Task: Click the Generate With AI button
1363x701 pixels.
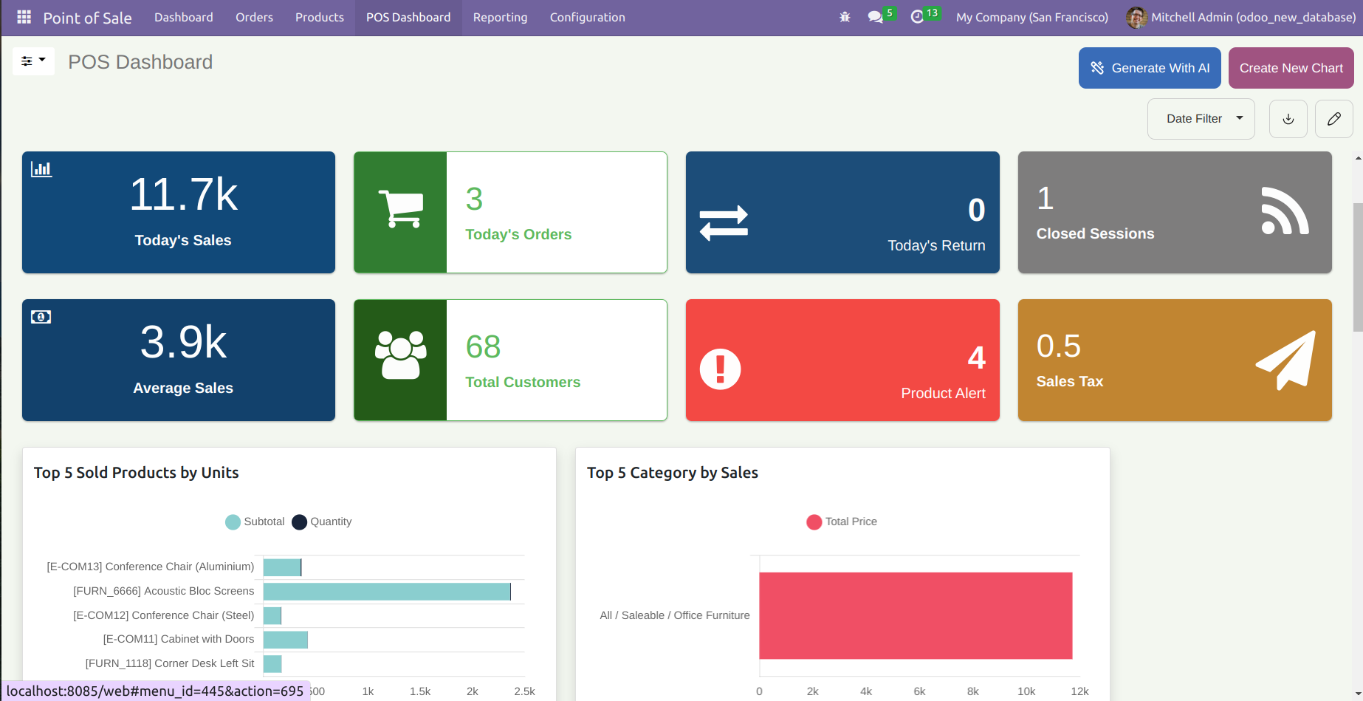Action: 1150,68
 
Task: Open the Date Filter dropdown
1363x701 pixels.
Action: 1201,119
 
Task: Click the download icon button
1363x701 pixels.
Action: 1288,119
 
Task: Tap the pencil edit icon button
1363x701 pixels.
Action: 1333,119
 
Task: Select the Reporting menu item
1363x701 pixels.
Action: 500,17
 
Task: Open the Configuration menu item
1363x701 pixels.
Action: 587,17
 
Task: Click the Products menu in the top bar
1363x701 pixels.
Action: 319,17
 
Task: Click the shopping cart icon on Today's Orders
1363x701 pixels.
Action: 401,209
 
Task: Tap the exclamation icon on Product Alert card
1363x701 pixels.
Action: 720,369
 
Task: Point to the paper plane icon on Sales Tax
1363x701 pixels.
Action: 1286,360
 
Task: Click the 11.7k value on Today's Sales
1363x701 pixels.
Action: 183,195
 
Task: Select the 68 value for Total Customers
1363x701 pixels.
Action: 483,346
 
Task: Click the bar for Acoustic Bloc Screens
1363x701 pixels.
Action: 386,592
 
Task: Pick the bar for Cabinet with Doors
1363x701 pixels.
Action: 285,640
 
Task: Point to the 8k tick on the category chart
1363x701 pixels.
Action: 972,691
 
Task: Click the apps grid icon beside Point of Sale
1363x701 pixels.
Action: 24,17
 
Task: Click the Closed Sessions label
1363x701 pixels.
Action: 1095,233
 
